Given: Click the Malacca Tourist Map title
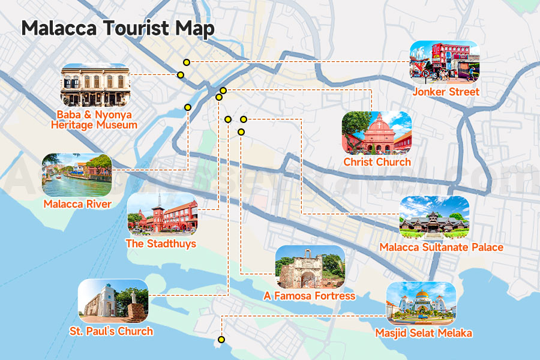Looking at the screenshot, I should click(118, 29).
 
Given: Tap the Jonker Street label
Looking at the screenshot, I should click(446, 92).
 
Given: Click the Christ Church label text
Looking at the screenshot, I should click(377, 162).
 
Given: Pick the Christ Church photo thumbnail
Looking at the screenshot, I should click(376, 133).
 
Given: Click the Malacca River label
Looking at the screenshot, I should click(77, 204).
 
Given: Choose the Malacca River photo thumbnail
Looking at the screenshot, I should click(77, 175).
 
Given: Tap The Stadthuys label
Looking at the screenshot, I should click(161, 244).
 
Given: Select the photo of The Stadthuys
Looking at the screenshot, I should click(162, 214).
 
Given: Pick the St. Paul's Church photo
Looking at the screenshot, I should click(113, 301).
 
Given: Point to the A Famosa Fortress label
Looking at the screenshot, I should click(310, 296).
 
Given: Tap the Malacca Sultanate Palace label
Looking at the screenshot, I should click(441, 247).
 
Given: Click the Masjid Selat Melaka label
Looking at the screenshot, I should click(424, 333).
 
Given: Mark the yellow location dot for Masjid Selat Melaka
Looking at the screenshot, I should click(221, 340).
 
